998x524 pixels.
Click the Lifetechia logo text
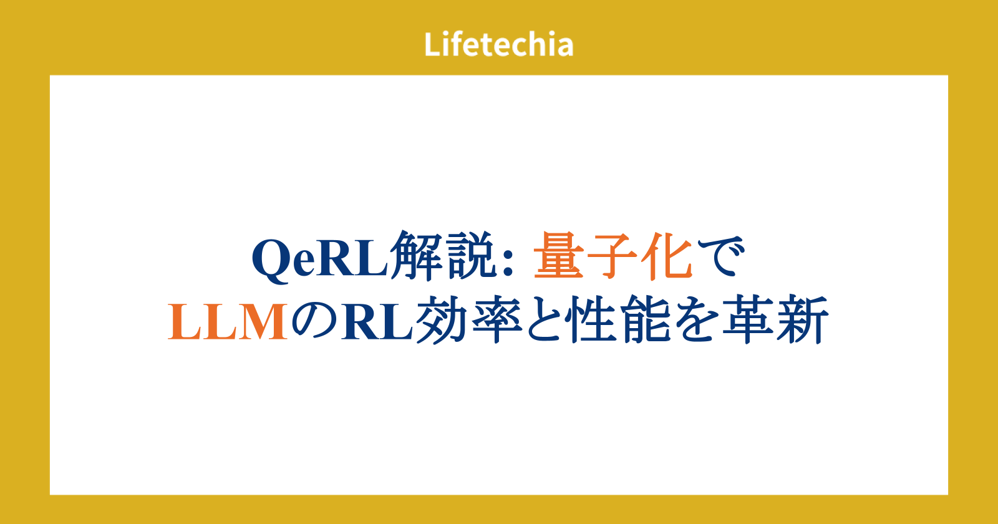point(498,44)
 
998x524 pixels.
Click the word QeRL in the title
point(320,259)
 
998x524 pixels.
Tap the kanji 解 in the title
point(416,256)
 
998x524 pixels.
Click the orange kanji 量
point(559,256)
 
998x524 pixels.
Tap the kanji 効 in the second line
point(441,319)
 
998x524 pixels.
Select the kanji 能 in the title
point(646,319)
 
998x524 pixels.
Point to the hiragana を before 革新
point(695,320)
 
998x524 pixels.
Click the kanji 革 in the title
point(748,319)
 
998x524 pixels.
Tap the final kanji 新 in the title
point(802,319)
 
